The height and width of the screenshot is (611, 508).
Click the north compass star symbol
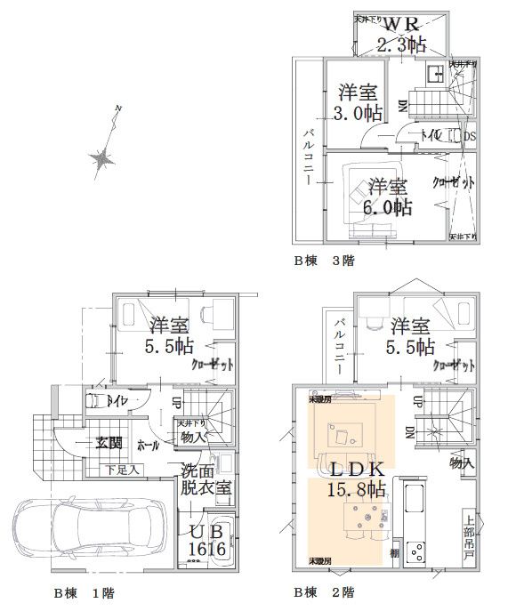pos(101,158)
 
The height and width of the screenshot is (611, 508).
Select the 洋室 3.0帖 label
pos(359,102)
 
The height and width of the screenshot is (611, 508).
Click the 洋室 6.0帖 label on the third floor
pos(390,197)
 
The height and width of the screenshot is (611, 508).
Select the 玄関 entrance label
pos(109,443)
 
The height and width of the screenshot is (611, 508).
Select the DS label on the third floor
pos(471,135)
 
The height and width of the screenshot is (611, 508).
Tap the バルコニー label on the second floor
pos(340,342)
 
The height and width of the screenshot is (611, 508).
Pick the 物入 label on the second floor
pos(461,463)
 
